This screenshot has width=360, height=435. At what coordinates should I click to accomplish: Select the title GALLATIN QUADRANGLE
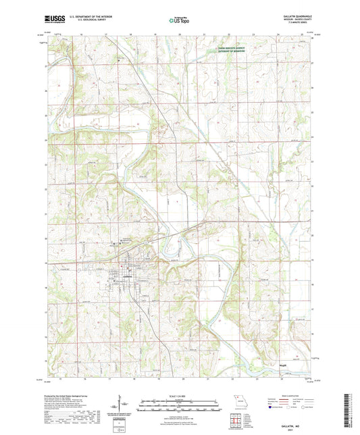pyautogui.click(x=292, y=14)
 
